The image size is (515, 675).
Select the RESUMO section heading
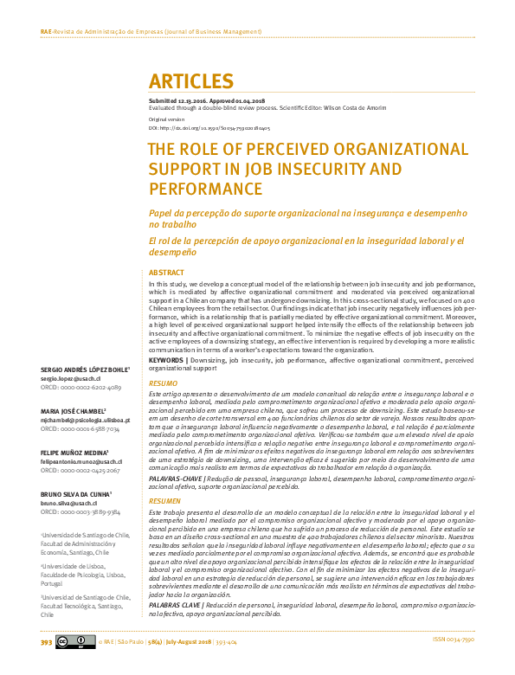click(164, 382)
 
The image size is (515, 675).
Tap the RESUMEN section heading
click(165, 501)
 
